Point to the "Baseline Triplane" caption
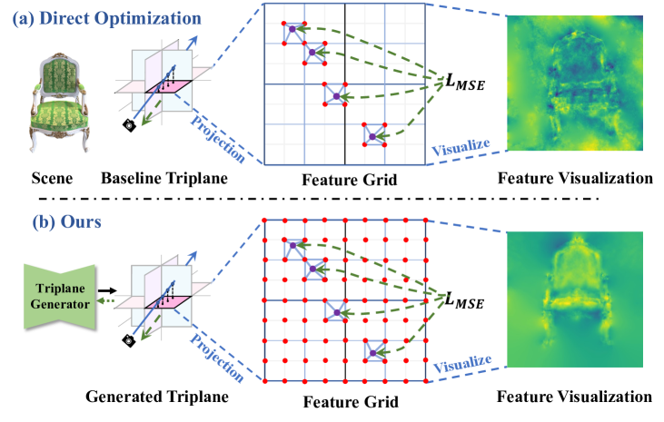click(x=162, y=178)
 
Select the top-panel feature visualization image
click(x=580, y=87)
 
